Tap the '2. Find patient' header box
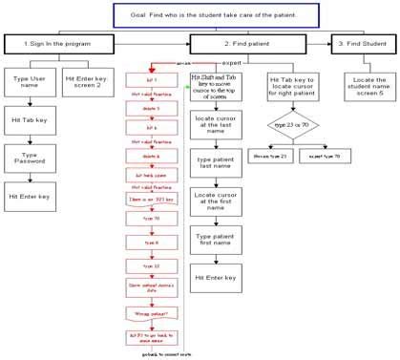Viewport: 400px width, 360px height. click(x=247, y=44)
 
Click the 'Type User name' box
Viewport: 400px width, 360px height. click(x=29, y=81)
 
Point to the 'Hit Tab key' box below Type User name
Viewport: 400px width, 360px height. click(x=29, y=121)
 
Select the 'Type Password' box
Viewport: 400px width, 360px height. click(x=29, y=158)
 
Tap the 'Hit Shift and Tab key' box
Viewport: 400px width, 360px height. click(x=214, y=87)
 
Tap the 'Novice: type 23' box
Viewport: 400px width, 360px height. click(x=270, y=154)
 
